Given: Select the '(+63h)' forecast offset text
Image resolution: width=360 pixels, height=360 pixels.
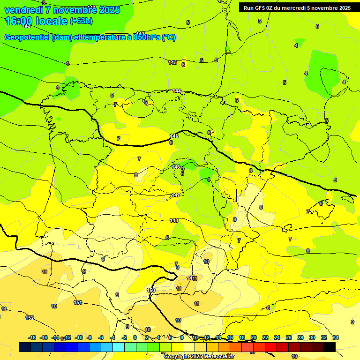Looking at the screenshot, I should click(81, 21).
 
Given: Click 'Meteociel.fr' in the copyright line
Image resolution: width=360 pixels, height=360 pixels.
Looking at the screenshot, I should click(216, 357).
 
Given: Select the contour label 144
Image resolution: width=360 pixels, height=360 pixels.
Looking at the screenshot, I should click(177, 91).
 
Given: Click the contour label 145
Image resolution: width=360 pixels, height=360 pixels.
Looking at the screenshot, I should click(173, 136).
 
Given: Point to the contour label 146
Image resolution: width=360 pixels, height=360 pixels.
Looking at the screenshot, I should click(176, 167).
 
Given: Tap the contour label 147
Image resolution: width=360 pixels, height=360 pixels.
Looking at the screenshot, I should click(176, 195).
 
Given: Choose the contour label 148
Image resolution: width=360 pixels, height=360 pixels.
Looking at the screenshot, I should click(174, 220).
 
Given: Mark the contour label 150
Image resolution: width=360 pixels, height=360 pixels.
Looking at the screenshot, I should click(151, 291).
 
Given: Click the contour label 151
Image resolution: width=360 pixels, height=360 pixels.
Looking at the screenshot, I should click(78, 302).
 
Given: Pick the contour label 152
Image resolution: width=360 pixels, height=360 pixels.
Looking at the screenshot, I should click(30, 318).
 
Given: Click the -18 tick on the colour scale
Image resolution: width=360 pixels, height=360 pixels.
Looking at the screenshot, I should click(32, 337).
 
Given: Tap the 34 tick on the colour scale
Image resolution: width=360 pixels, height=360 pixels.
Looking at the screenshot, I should click(336, 337).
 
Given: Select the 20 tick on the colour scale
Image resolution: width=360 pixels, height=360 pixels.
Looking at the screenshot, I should click(254, 337).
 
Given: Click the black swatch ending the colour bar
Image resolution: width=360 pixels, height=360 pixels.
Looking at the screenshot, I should click(330, 347).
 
